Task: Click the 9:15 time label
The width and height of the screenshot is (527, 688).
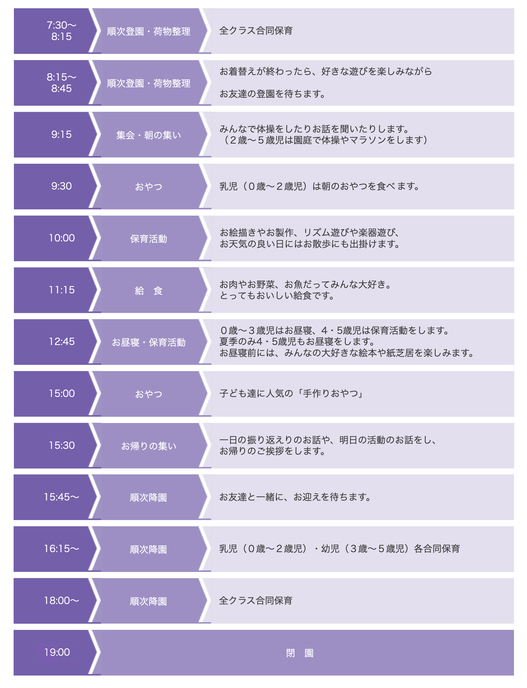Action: click(x=62, y=134)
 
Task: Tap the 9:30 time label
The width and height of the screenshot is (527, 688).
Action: click(x=62, y=186)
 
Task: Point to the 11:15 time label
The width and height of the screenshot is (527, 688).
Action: click(x=62, y=290)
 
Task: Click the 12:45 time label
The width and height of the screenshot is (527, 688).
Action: click(x=62, y=341)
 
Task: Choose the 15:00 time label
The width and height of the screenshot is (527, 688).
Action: click(x=62, y=393)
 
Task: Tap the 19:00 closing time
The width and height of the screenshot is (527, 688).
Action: click(x=57, y=652)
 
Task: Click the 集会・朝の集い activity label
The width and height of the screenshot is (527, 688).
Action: click(x=149, y=135)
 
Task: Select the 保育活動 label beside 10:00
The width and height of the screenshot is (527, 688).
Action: click(x=149, y=239)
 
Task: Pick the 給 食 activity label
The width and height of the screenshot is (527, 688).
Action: click(x=149, y=291)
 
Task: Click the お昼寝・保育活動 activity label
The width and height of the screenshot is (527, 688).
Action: click(x=149, y=342)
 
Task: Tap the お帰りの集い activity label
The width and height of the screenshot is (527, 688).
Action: click(x=149, y=446)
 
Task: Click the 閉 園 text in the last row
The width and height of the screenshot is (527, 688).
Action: click(x=300, y=653)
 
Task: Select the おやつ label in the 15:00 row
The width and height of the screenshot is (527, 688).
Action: click(x=149, y=394)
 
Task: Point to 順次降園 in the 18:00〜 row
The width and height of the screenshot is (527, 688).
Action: click(x=148, y=601)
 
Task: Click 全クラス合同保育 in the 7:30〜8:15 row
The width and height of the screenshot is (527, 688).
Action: click(x=256, y=30)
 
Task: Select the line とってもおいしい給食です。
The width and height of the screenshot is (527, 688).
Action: click(x=277, y=295)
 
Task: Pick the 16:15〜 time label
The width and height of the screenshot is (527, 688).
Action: click(x=62, y=548)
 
